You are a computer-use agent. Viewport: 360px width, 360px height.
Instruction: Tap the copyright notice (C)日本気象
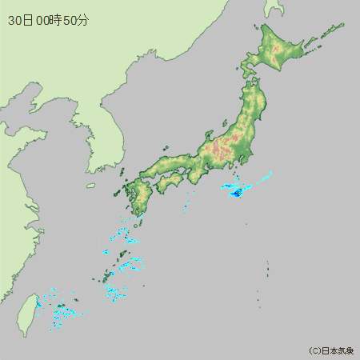[331, 350]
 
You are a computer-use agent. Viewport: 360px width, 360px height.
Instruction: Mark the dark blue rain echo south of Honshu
[237, 193]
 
